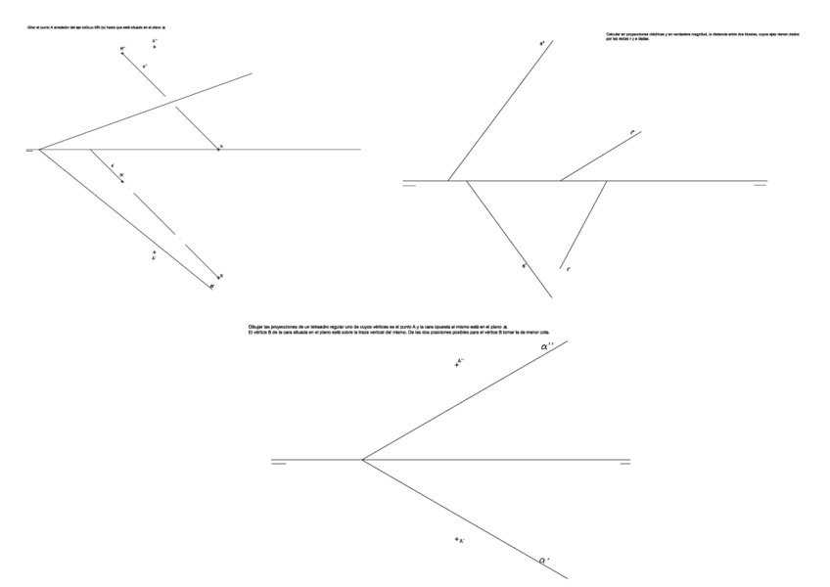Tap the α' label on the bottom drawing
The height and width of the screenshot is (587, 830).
tap(543, 561)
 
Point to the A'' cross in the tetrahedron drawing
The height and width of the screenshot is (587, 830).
tap(457, 364)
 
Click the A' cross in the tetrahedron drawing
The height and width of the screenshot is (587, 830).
tap(457, 539)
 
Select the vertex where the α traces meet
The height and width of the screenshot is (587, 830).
tap(362, 459)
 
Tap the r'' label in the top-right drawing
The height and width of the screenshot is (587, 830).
tap(633, 131)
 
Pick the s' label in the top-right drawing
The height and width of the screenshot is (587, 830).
tap(525, 265)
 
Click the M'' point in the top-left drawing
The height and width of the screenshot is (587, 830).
tap(122, 52)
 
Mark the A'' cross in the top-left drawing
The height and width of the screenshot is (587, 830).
tap(155, 45)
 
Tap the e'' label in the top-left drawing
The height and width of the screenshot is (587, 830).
tap(145, 66)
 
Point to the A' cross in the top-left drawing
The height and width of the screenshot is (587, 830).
tap(154, 253)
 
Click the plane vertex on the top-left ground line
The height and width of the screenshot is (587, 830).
tap(39, 150)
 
